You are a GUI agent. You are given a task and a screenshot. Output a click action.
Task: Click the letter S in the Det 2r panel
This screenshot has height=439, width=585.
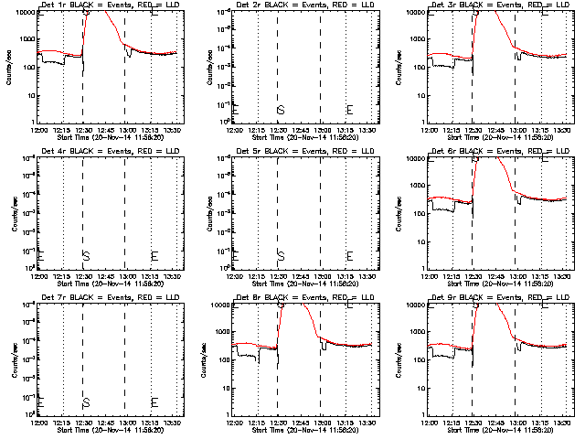281,110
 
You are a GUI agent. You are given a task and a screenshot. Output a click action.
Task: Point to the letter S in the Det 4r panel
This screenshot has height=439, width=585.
86,255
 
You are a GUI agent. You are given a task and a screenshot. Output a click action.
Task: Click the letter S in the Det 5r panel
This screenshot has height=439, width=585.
281,255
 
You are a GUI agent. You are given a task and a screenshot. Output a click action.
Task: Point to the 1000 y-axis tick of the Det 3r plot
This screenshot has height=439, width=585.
417,39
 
